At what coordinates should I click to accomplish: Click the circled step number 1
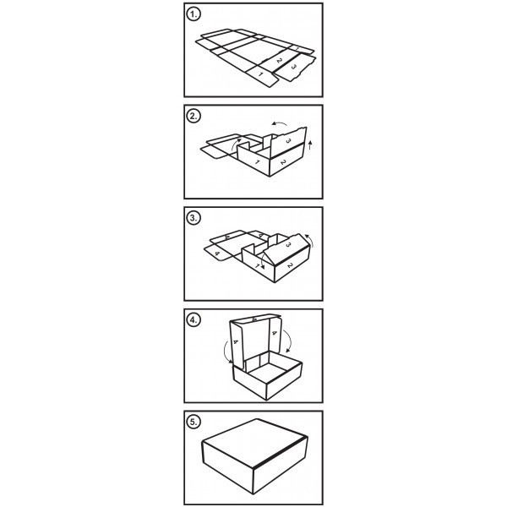click(194, 14)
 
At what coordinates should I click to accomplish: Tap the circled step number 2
click(194, 117)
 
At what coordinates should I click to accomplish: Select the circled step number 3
click(194, 218)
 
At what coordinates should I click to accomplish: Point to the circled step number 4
click(194, 320)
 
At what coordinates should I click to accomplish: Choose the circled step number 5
click(194, 422)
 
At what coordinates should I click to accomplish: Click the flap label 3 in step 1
click(294, 67)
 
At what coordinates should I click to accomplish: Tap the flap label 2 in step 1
click(280, 60)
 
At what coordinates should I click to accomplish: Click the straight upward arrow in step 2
click(310, 144)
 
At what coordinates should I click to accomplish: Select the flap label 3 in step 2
click(288, 140)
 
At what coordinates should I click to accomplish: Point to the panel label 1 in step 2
click(258, 161)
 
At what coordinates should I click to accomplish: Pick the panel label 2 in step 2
click(283, 162)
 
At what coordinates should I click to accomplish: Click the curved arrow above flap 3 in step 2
click(279, 123)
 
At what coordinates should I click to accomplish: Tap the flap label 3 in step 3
click(289, 245)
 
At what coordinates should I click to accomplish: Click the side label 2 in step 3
click(290, 265)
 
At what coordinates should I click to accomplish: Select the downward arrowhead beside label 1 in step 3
click(263, 267)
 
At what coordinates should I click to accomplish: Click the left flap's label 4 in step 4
click(236, 341)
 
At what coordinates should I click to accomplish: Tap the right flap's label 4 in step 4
click(275, 332)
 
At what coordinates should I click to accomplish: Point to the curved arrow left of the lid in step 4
click(226, 352)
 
